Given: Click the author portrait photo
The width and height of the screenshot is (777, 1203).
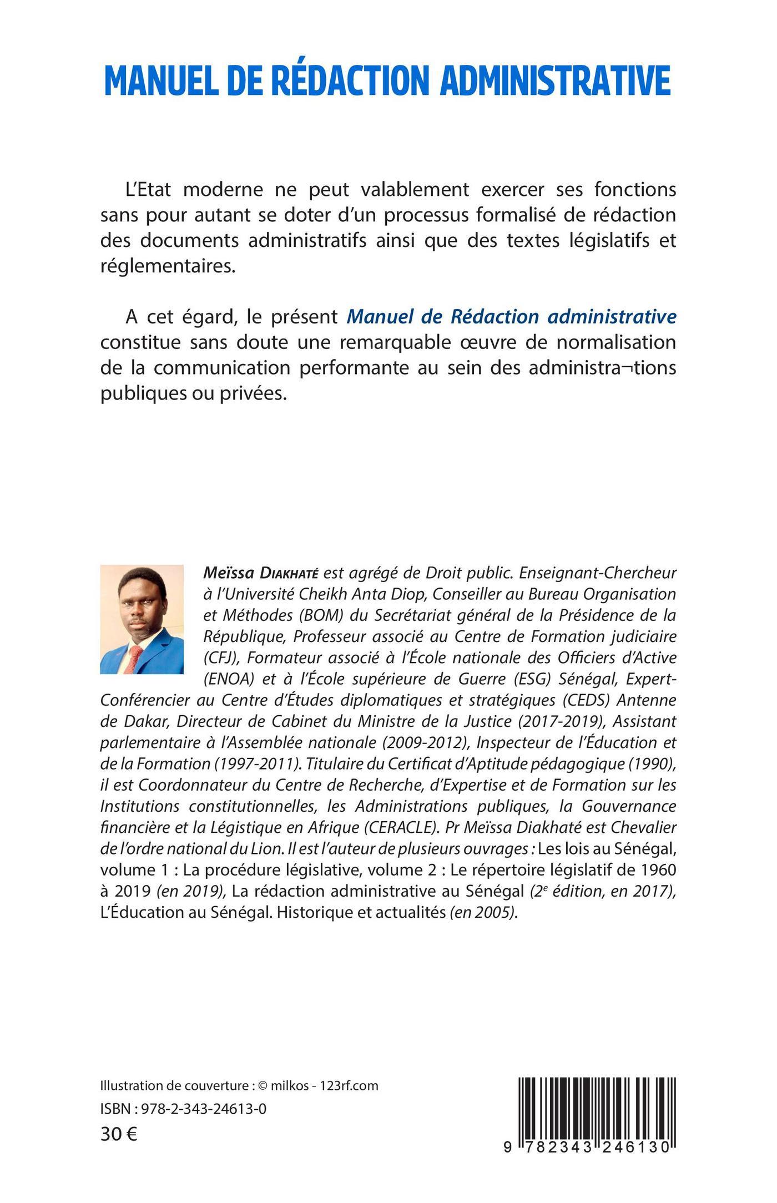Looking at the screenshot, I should [142, 619].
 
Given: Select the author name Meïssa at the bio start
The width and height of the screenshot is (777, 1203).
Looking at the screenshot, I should [224, 572].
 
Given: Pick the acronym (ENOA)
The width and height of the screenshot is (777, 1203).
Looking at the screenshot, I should [225, 679].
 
